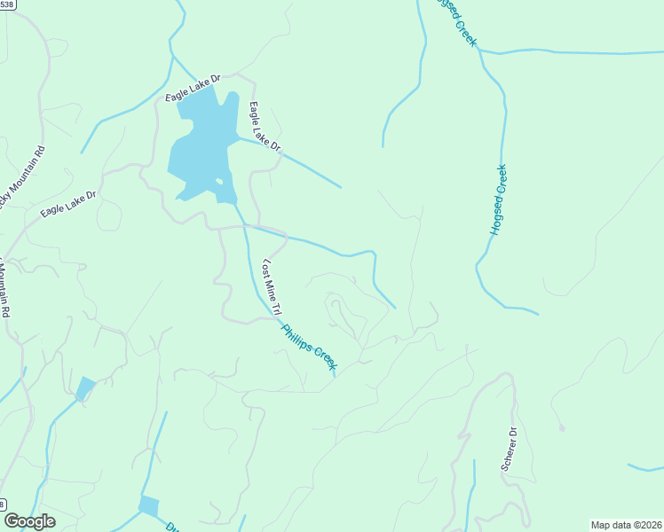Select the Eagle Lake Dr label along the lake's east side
tap(265, 128)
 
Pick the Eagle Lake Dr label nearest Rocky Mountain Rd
tap(67, 204)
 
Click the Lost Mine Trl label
tap(272, 289)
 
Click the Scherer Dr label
tap(510, 449)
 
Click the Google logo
tap(29, 521)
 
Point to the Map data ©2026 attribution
tap(626, 525)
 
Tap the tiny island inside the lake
tap(218, 183)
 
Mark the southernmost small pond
tap(148, 506)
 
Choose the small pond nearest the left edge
tap(85, 388)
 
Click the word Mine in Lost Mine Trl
tap(272, 290)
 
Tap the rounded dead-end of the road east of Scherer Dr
tap(562, 428)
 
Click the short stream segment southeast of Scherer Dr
tap(645, 467)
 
